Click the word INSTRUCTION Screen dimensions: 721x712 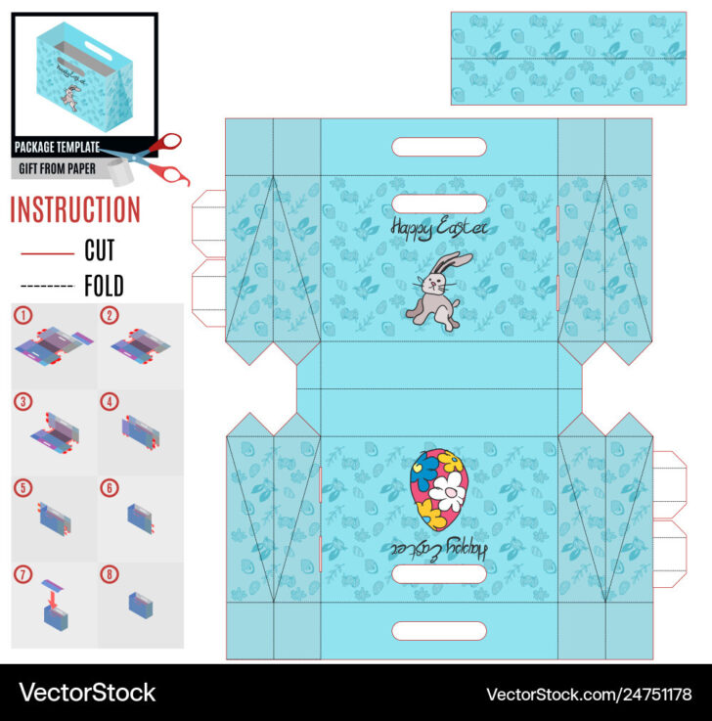coord(75,209)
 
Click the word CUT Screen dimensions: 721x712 coord(100,251)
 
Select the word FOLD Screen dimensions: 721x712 coord(104,286)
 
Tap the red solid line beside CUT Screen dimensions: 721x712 coord(47,253)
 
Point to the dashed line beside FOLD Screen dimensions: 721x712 coord(47,287)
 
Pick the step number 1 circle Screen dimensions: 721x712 coord(22,316)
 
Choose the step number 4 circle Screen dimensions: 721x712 coord(110,401)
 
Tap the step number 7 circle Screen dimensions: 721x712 coord(22,572)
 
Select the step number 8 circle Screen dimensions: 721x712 coord(110,572)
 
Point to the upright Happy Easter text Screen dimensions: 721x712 coord(438,228)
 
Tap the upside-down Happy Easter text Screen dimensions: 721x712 coord(440,546)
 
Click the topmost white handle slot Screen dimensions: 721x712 coord(439,148)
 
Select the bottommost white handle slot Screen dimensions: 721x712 coord(439,631)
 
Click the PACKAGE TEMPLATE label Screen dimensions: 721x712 coord(57,148)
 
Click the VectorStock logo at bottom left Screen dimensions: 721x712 coord(88,693)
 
